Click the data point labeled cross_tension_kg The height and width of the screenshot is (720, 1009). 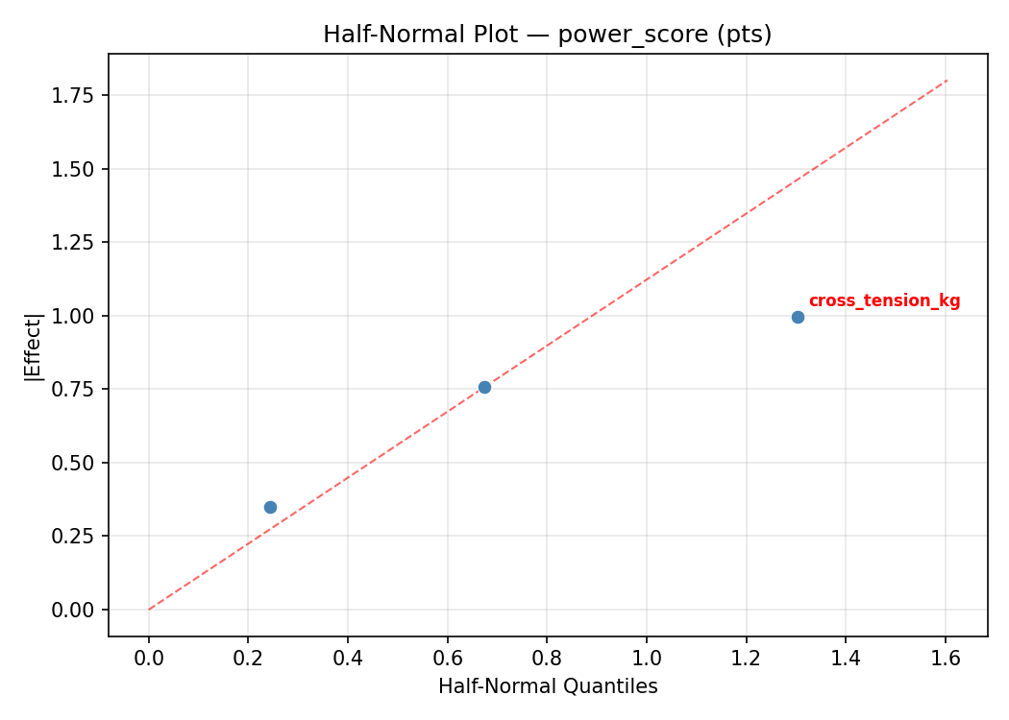(x=798, y=317)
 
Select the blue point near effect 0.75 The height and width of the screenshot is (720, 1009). (x=484, y=387)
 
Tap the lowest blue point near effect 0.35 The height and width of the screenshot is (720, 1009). (x=270, y=507)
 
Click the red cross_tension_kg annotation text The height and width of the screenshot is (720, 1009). (x=884, y=301)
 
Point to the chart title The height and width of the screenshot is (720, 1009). (x=547, y=35)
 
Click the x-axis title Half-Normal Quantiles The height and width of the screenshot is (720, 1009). (x=548, y=686)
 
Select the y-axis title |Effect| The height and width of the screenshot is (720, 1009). (x=35, y=347)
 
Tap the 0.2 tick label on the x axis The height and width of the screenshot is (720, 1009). (x=248, y=658)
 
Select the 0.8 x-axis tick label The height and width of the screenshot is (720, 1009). (x=547, y=658)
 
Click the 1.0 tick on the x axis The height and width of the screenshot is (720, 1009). (x=647, y=658)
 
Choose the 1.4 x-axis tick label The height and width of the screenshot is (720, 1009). (x=846, y=658)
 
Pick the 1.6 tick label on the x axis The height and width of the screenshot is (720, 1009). (x=946, y=658)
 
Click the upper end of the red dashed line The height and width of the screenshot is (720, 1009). (x=947, y=80)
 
